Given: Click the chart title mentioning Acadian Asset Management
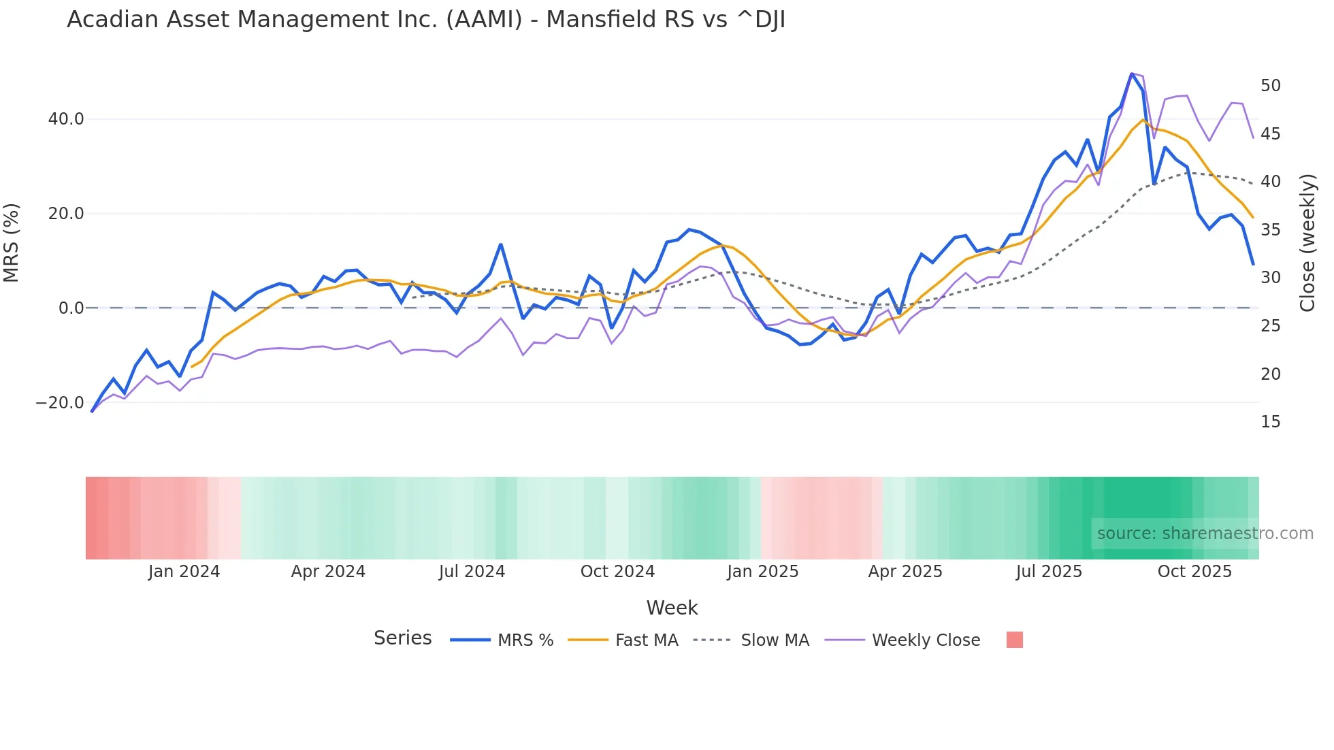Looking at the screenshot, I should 426,20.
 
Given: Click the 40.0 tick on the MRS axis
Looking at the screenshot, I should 66,119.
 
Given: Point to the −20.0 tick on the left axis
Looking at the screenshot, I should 60,403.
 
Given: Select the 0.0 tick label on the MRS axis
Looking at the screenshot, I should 71,308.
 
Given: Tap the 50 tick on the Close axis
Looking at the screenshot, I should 1270,86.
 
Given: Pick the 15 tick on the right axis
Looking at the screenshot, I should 1270,422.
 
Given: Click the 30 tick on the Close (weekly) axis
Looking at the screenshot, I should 1270,278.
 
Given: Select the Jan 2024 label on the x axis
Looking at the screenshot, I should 184,572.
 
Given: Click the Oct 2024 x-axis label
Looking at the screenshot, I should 617,572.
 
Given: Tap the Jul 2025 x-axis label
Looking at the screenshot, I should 1049,572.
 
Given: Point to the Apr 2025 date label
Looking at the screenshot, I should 905,572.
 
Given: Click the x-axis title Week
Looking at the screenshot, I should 672,608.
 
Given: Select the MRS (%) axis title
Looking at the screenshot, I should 12,243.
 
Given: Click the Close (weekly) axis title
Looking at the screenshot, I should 1307,243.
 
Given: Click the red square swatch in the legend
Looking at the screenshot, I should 1014,640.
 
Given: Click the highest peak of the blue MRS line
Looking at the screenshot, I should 1132,74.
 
